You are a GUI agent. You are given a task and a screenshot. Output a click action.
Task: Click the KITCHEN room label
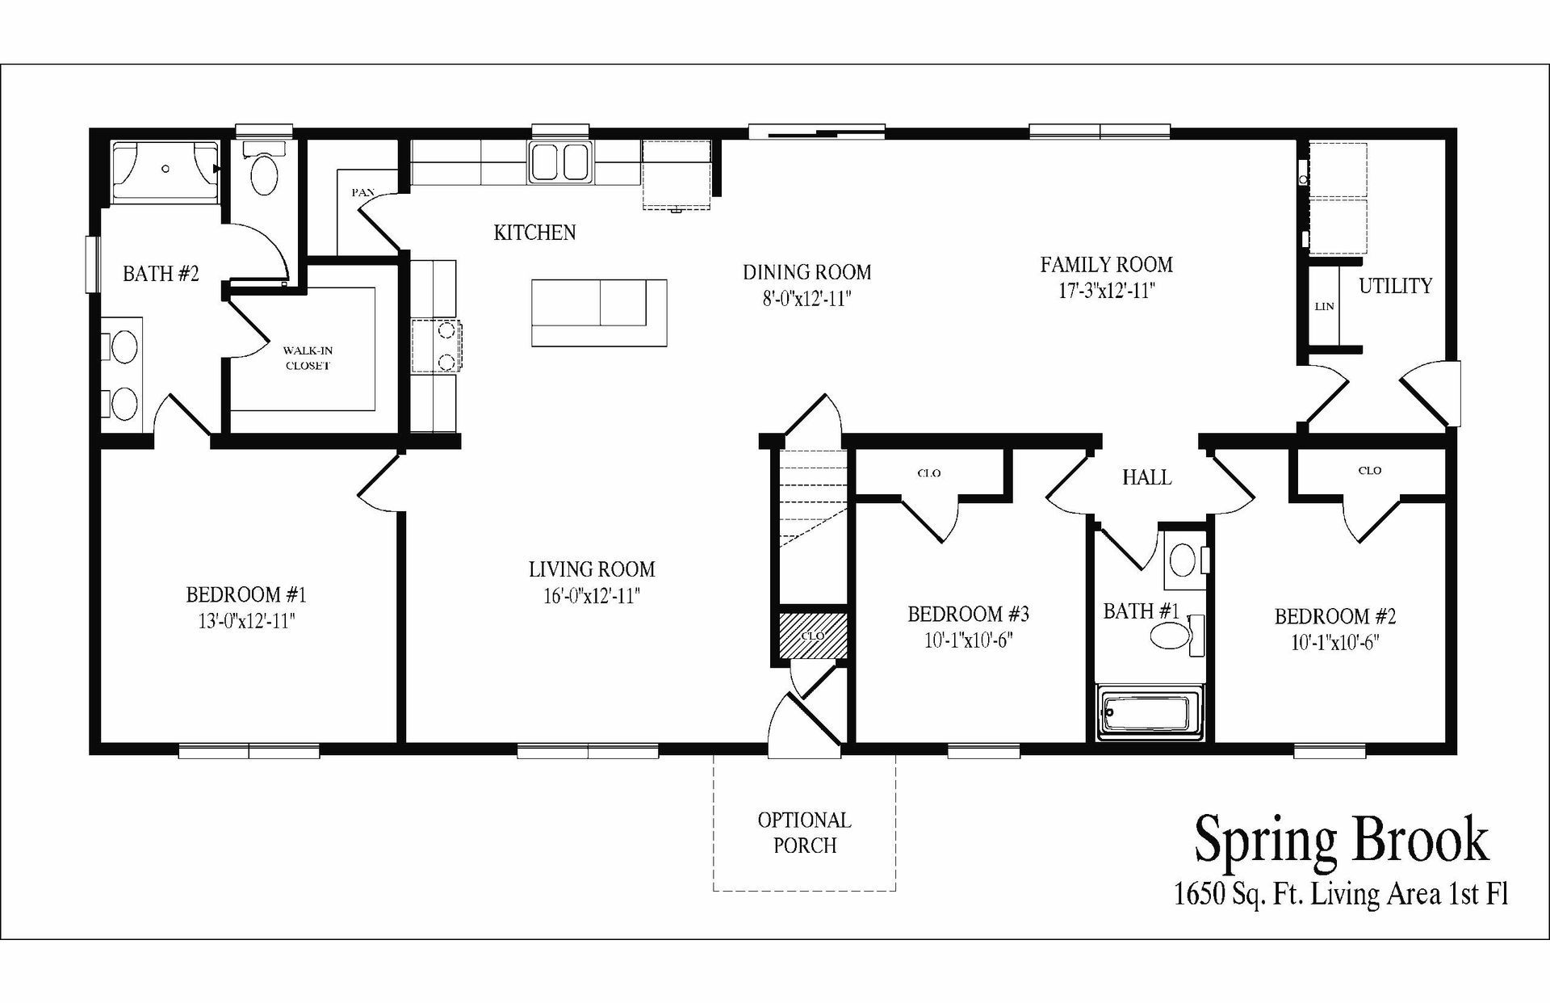point(534,233)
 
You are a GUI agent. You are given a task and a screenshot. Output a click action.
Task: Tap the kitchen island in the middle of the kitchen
point(598,313)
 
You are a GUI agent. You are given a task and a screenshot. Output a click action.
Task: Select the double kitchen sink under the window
point(559,162)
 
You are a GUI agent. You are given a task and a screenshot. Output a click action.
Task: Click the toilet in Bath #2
point(264,170)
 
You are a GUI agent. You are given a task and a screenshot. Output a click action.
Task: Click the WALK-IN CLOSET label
point(308,358)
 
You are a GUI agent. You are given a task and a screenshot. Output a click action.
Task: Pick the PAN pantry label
point(362,192)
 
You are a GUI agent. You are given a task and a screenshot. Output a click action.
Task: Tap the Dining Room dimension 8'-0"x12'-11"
point(806,299)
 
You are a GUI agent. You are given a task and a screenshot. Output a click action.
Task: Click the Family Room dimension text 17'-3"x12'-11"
point(1106,291)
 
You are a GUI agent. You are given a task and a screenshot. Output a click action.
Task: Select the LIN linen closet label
point(1324,307)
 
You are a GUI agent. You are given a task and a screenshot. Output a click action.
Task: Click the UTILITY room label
point(1395,286)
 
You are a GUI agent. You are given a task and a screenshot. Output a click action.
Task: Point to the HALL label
point(1146,478)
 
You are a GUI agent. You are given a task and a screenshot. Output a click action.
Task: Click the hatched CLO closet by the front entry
point(812,636)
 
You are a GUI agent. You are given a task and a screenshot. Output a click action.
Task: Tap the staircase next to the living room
point(812,517)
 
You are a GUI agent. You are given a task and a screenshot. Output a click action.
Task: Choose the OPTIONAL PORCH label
point(804,833)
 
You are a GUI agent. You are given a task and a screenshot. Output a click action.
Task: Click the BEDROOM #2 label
point(1334,617)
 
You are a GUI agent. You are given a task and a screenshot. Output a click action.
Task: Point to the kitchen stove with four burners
point(436,346)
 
